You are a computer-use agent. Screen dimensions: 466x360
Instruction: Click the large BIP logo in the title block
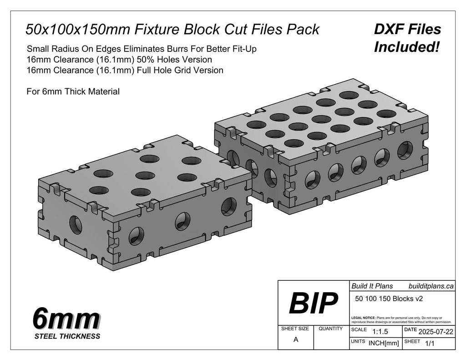pos(313,303)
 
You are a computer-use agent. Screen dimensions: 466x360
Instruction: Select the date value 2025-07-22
pos(436,331)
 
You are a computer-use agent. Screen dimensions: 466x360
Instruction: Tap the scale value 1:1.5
pos(380,331)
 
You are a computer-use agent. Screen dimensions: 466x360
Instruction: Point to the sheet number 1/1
pos(430,343)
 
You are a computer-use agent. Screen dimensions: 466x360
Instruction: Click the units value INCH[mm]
pos(384,343)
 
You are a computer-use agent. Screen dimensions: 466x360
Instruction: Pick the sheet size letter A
pos(296,340)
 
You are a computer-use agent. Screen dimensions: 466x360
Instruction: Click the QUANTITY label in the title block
pos(330,329)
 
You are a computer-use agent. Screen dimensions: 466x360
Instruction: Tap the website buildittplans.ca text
pos(431,286)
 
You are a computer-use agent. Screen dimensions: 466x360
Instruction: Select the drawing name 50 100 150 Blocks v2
pos(389,299)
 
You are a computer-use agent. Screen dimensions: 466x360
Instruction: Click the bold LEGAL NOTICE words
pos(364,318)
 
